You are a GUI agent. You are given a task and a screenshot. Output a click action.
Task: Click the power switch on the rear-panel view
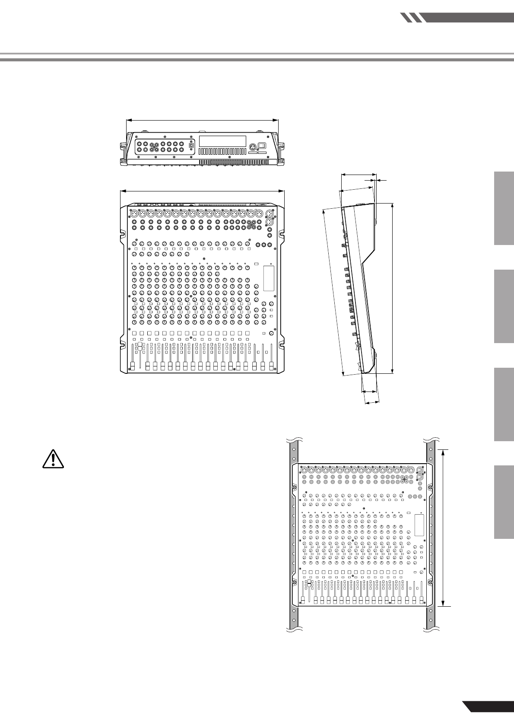[x=261, y=146]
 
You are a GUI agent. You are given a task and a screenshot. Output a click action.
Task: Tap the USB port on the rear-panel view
[x=191, y=146]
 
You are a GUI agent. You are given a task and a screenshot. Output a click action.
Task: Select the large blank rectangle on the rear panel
[x=222, y=141]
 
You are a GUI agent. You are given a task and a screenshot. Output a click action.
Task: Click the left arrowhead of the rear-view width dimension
[x=127, y=121]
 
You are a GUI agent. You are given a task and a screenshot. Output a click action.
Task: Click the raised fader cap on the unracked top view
[x=139, y=345]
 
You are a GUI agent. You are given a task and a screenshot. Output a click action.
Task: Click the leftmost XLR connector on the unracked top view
[x=133, y=213]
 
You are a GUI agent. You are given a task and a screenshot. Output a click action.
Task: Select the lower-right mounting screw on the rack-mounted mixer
[x=430, y=582]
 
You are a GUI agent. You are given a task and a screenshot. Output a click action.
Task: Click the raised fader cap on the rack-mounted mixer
[x=308, y=583]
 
